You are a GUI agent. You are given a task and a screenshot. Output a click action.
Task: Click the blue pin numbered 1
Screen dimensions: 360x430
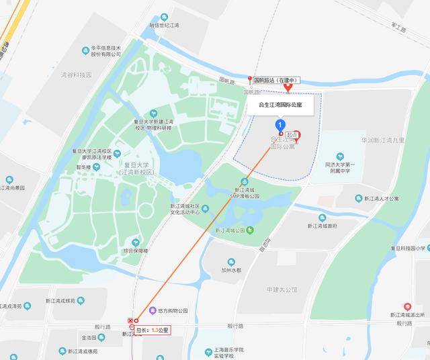coord(279,125)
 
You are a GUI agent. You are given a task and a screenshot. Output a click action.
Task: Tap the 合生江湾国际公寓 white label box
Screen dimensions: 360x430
coord(281,105)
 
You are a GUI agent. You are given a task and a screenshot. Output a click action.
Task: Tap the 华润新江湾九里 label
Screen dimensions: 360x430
coord(383,140)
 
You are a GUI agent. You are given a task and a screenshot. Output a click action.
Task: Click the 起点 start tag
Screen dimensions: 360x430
coord(291,135)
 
